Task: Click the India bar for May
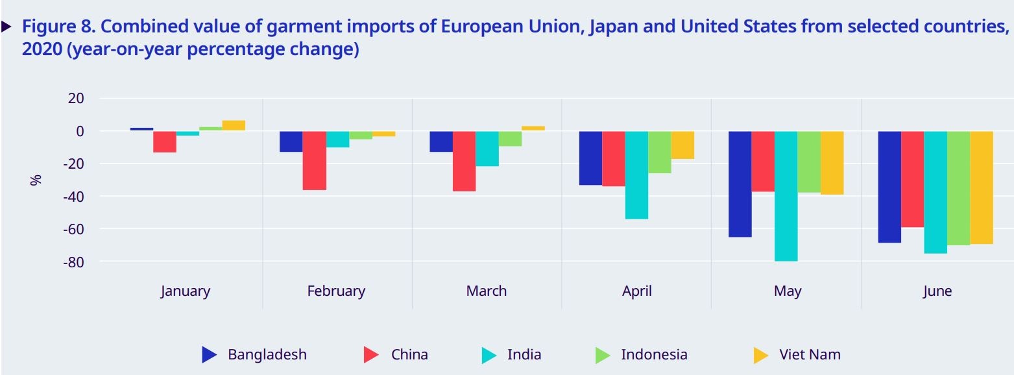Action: [x=786, y=196]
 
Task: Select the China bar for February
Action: [x=314, y=160]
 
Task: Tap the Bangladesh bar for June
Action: [x=889, y=187]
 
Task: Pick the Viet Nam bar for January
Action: [x=234, y=126]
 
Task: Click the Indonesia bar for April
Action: [x=659, y=152]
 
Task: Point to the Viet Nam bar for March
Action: [x=533, y=128]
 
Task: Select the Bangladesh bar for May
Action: [x=740, y=184]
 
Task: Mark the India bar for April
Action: [x=636, y=175]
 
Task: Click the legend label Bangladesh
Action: [x=267, y=355]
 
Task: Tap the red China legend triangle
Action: [x=370, y=355]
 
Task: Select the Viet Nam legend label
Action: [x=810, y=355]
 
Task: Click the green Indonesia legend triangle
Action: [x=603, y=355]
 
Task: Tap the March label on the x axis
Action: [x=486, y=291]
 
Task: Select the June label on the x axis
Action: [x=937, y=291]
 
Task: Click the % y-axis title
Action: [x=36, y=180]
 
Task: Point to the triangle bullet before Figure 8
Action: [x=6, y=27]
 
